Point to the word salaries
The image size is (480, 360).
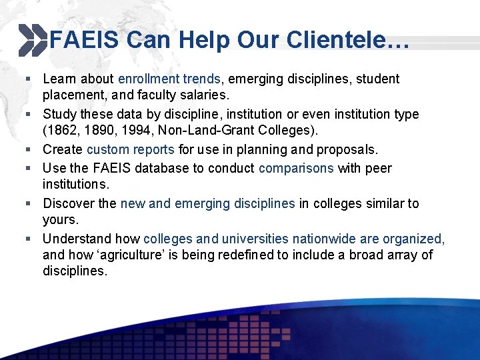(205, 95)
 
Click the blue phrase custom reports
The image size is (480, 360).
(130, 149)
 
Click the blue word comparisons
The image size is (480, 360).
(296, 168)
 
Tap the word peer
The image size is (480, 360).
(379, 168)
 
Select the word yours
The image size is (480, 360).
(60, 219)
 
